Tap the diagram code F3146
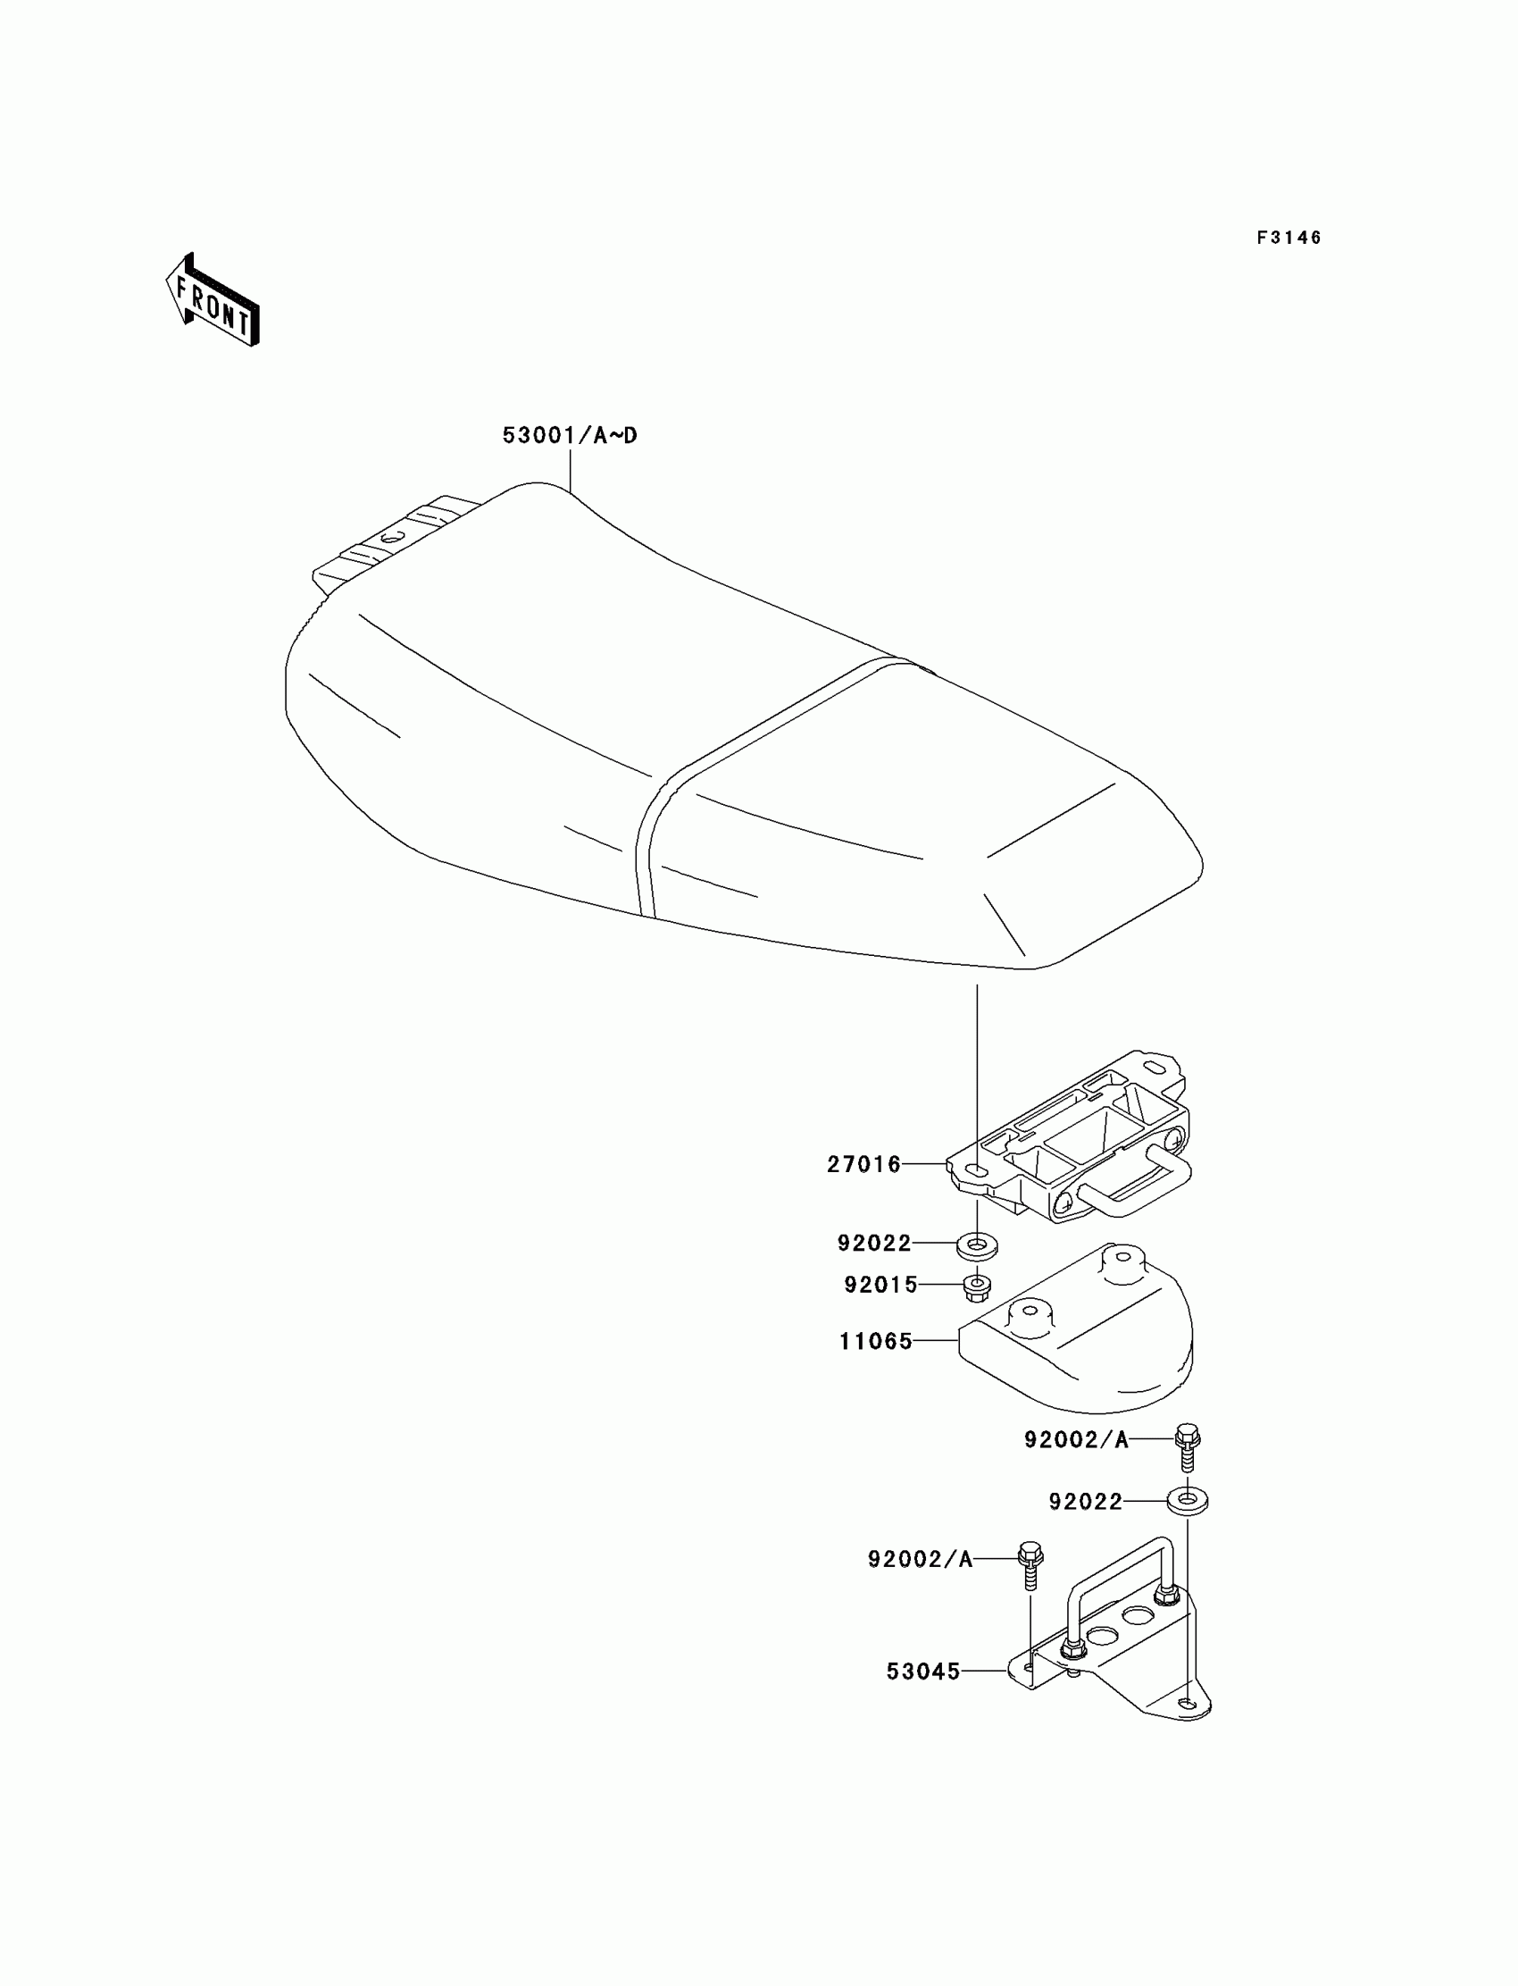tap(1289, 238)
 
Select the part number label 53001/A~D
tap(570, 436)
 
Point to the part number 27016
tap(863, 1164)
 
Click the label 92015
tap(880, 1285)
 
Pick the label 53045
tap(922, 1672)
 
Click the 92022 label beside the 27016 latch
tap(874, 1243)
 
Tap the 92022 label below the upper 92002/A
tap(1085, 1502)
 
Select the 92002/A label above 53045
tap(920, 1558)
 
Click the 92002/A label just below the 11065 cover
tap(1076, 1439)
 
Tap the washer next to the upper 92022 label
tap(977, 1245)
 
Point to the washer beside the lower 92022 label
tap(1188, 1502)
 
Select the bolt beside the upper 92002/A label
tap(1188, 1445)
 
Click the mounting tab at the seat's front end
tap(388, 541)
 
